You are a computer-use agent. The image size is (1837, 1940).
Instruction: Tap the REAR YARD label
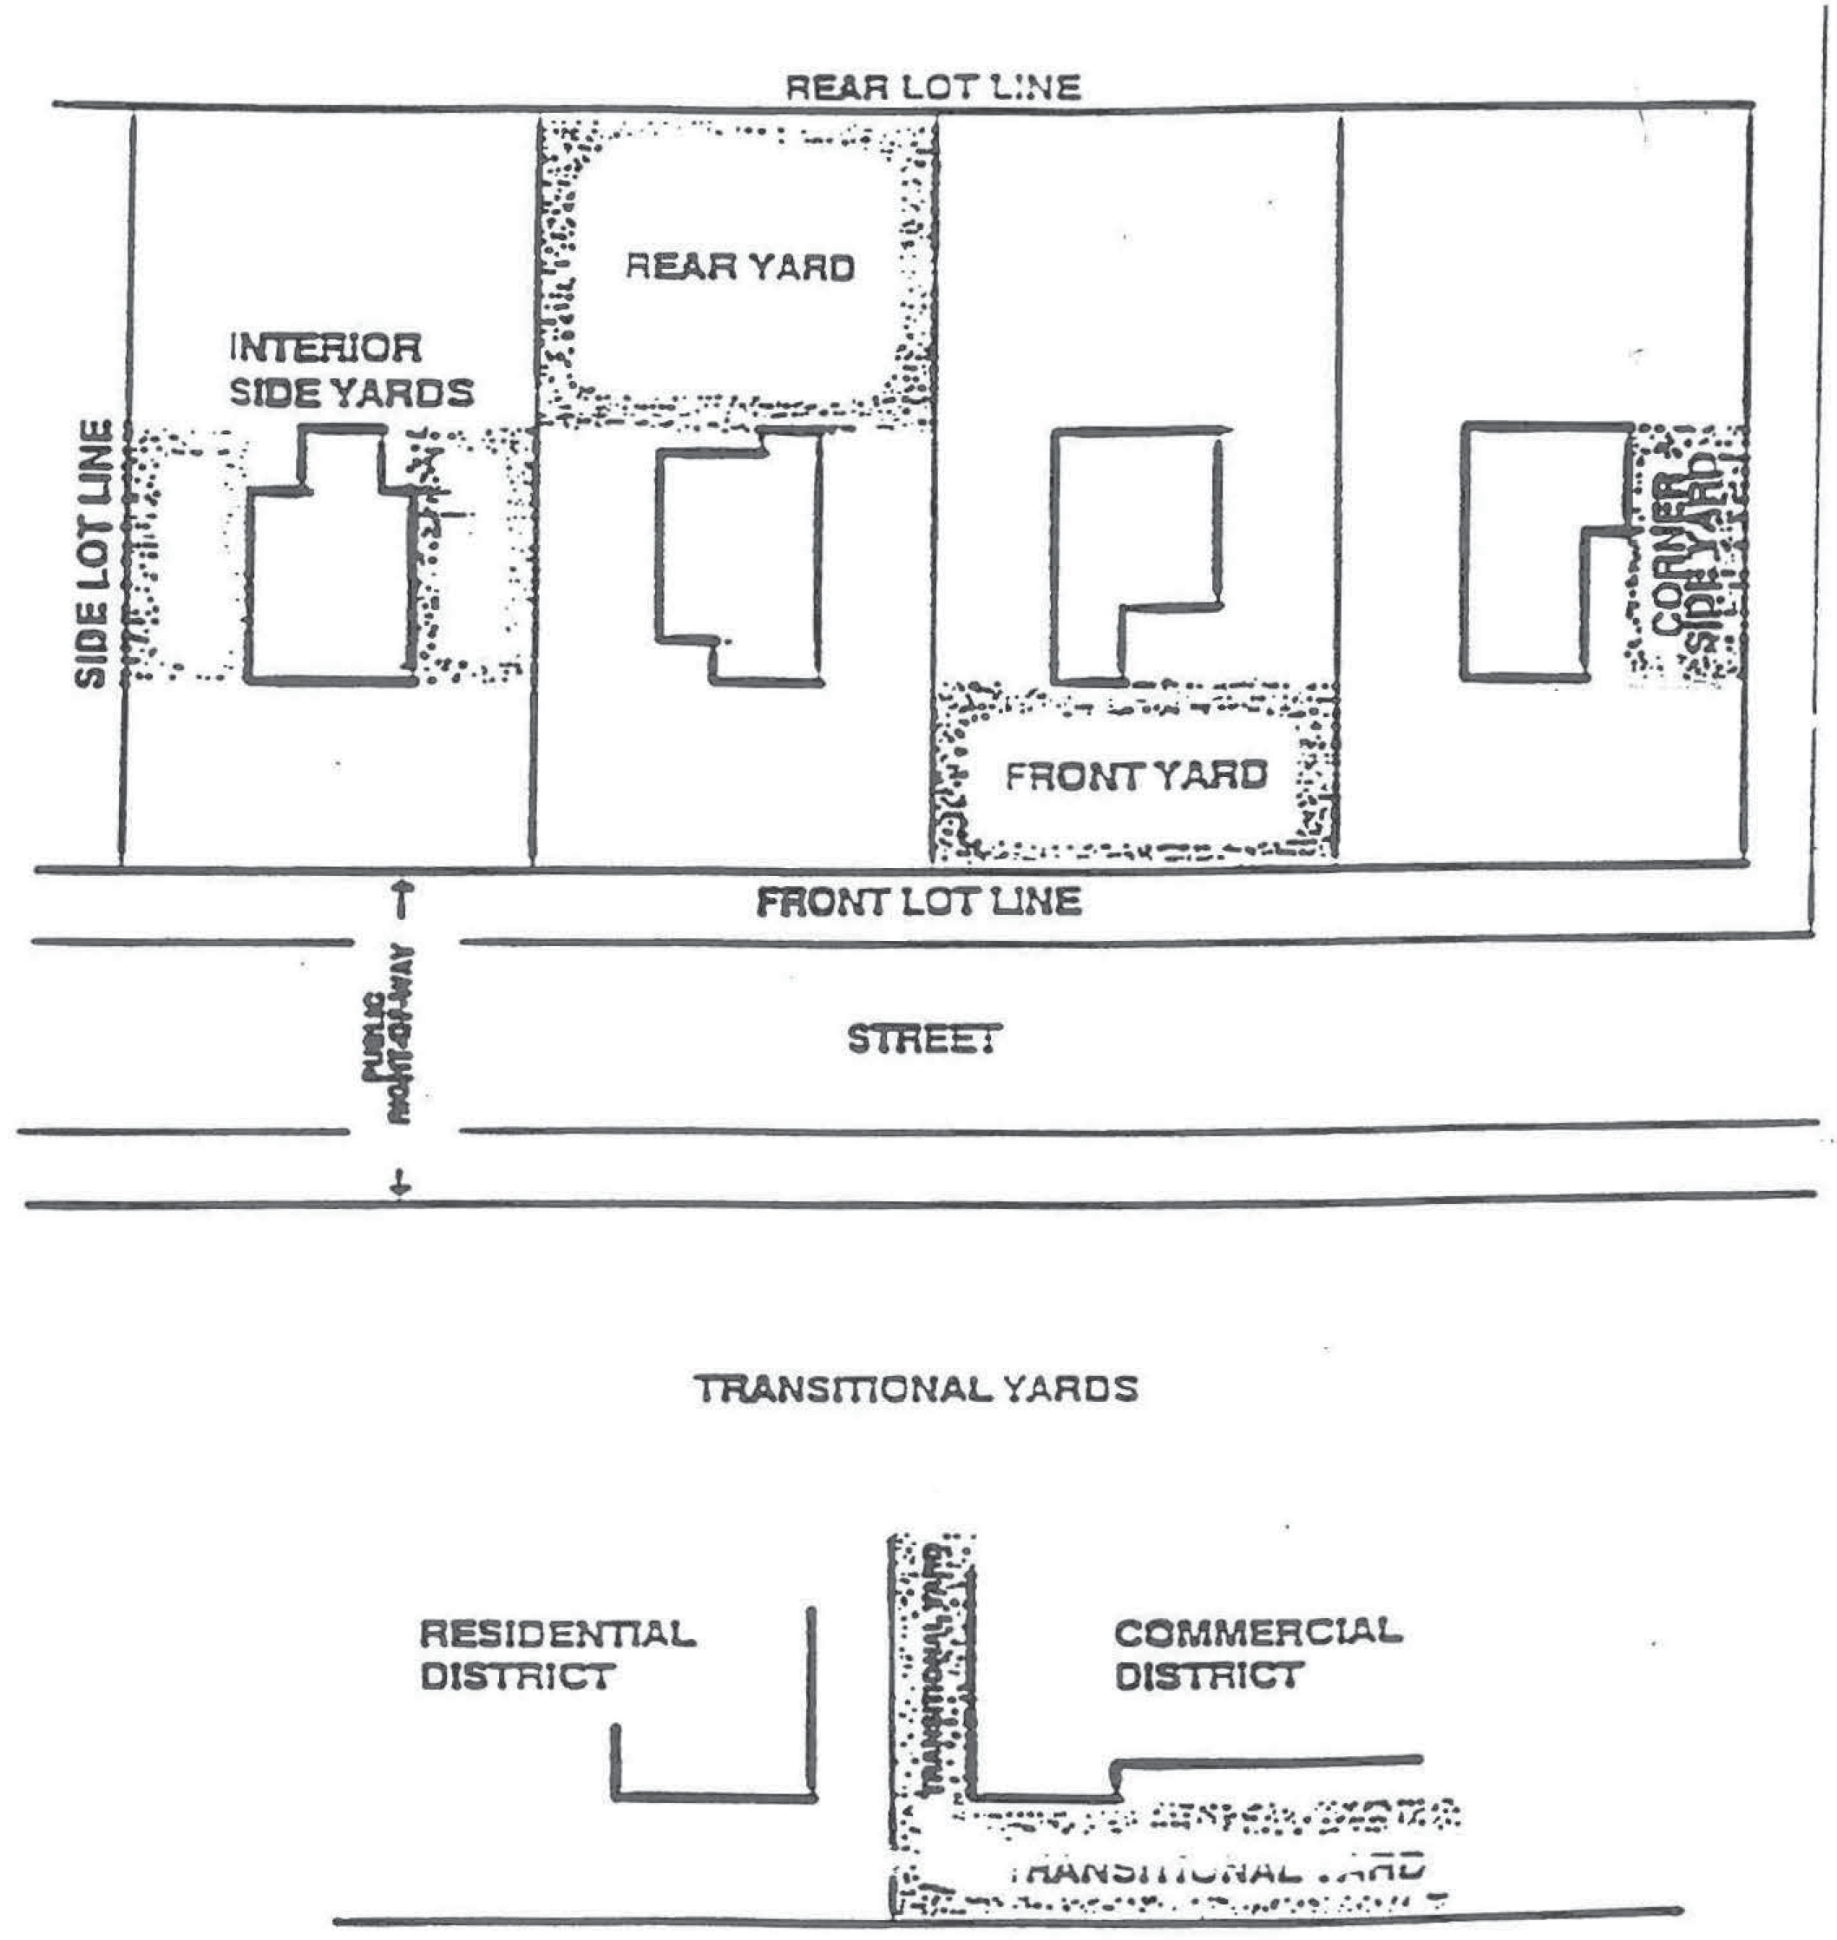coord(740,267)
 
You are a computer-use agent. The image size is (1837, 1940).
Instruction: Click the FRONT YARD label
coord(1136,776)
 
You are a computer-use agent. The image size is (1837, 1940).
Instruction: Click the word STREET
coord(924,1039)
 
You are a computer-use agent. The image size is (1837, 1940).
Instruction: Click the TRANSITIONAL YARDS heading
coord(916,1389)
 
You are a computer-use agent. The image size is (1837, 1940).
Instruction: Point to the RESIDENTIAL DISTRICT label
coord(557,1654)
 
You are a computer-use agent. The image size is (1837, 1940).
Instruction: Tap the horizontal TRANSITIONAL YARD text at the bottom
coord(1214,1871)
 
